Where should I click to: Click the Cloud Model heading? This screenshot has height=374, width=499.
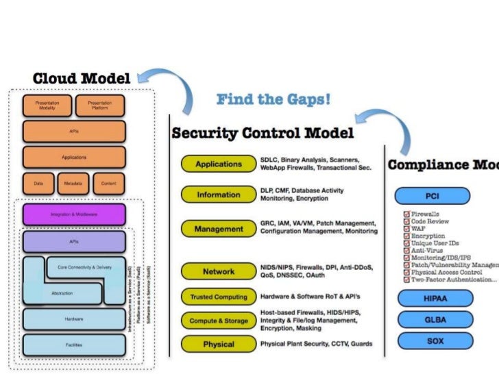tap(82, 78)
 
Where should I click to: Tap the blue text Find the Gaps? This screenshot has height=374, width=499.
tap(273, 100)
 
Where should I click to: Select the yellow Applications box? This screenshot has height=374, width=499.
tap(219, 164)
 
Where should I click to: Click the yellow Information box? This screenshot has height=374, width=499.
tap(219, 195)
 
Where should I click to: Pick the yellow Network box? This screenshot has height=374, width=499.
tap(219, 271)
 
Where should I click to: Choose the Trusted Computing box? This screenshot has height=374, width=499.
tap(219, 297)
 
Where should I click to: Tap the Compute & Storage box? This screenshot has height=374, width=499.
tap(219, 321)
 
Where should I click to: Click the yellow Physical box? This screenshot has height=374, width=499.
tap(219, 344)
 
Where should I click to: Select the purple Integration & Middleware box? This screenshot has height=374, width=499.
tap(74, 214)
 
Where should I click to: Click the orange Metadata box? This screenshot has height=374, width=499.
tap(74, 183)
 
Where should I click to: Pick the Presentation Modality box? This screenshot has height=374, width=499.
tap(46, 106)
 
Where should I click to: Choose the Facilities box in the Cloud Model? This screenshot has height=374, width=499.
tap(74, 345)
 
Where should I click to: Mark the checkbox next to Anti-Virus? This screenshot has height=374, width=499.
tap(406, 250)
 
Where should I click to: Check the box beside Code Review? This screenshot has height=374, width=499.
tap(406, 221)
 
